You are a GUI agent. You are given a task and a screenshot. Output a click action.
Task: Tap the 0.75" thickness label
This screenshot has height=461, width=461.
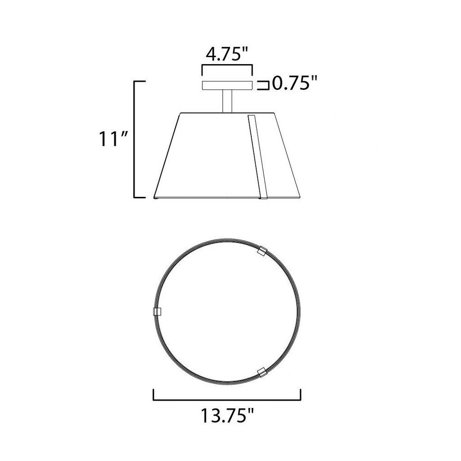click(295, 83)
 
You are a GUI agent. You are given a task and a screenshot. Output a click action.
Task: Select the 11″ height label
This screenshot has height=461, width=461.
click(113, 139)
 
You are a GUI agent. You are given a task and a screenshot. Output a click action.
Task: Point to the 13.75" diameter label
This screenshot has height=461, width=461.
click(227, 415)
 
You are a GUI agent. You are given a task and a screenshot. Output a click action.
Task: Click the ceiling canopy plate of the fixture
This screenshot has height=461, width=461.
click(227, 85)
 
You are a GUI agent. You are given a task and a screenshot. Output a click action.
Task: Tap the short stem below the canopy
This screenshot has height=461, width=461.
click(227, 101)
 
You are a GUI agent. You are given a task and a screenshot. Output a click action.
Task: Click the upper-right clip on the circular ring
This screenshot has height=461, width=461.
click(261, 252)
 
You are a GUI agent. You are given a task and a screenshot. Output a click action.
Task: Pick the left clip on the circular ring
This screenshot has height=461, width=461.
click(158, 311)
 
